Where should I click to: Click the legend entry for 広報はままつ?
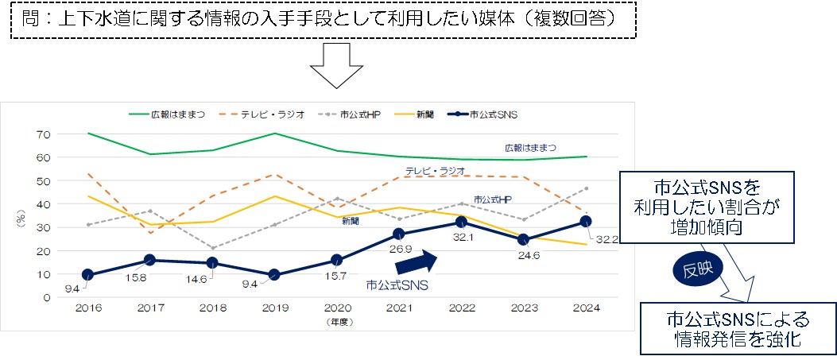click(166, 115)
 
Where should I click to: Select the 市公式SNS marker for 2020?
click(336, 260)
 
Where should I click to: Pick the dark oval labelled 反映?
click(696, 269)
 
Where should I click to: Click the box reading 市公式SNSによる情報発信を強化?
click(738, 329)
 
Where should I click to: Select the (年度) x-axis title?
click(337, 323)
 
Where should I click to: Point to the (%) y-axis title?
click(21, 216)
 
